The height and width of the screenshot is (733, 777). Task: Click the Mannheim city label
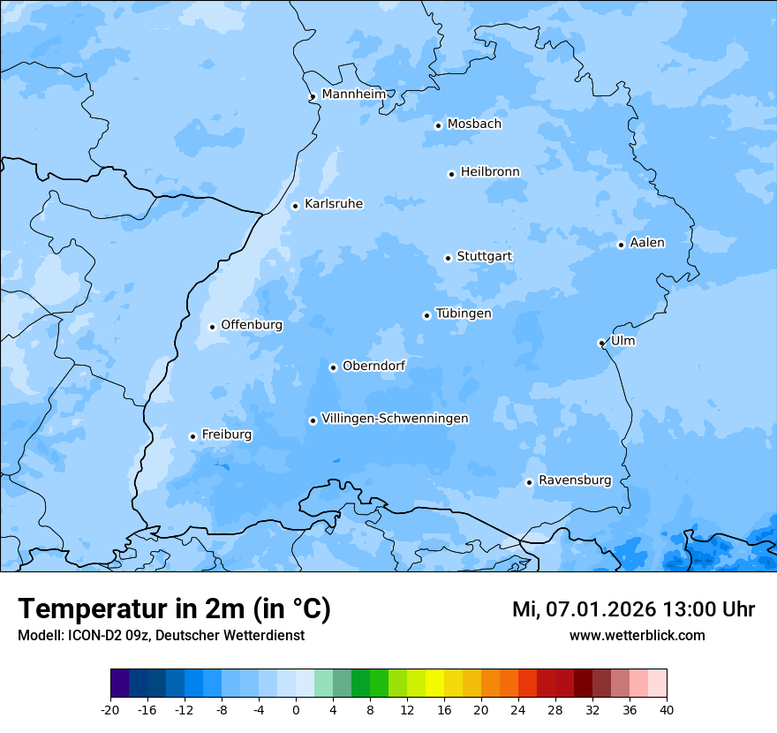pos(354,94)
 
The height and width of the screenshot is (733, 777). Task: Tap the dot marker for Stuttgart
pos(448,258)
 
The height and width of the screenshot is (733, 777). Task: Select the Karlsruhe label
pos(334,204)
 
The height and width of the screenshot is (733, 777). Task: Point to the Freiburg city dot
pos(192,436)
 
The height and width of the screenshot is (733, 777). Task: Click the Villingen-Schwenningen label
pos(395,419)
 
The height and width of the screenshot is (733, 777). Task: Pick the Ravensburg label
pos(575,480)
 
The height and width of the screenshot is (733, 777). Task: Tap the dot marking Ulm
pos(601,344)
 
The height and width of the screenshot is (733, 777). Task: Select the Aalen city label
pos(647,243)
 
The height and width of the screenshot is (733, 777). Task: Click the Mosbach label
pos(474,125)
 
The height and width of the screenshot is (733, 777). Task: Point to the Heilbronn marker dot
pos(451,174)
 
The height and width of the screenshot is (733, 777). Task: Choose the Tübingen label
pos(464,314)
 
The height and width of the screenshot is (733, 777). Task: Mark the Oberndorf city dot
pos(333,367)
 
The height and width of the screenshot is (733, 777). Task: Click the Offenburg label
pos(252,325)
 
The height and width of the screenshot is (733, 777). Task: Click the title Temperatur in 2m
pos(174,609)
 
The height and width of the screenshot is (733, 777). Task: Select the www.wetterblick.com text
pos(637,636)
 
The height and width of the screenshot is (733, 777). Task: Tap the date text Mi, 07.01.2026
pos(581,609)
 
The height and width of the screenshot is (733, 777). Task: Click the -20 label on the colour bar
pos(110,709)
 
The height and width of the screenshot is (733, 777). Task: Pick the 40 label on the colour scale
pos(667,709)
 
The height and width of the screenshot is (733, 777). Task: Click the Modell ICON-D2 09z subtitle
pos(161,636)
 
